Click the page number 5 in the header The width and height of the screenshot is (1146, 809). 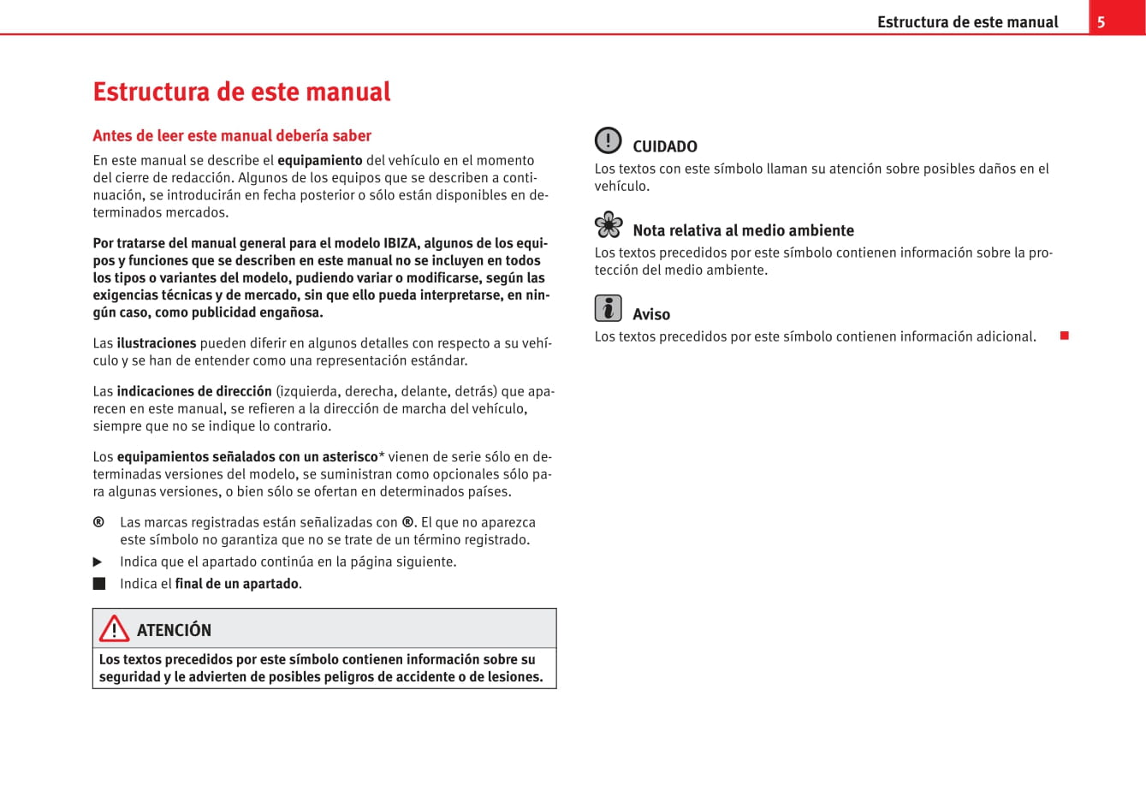(1101, 22)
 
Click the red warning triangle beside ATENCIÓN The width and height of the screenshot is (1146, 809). (114, 629)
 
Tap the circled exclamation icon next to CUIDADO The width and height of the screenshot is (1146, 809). (609, 140)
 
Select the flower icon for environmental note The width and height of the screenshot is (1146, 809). (609, 224)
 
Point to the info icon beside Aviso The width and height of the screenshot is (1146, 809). (609, 308)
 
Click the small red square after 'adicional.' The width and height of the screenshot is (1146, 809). (1065, 336)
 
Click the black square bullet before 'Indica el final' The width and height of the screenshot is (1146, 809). (99, 584)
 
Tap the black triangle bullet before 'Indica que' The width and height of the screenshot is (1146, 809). (98, 562)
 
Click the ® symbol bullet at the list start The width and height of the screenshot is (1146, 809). (99, 522)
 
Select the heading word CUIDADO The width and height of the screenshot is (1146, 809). (665, 146)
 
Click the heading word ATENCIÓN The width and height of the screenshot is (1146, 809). (174, 630)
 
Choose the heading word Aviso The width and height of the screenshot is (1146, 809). (651, 314)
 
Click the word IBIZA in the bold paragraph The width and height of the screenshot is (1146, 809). (401, 243)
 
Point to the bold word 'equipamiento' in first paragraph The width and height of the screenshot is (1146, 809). (320, 160)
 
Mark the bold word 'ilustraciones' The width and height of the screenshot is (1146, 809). (157, 343)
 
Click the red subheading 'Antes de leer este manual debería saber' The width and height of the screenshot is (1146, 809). (232, 135)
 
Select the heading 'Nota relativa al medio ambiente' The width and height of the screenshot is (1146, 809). (743, 230)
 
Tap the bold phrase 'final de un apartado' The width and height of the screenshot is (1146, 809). (237, 584)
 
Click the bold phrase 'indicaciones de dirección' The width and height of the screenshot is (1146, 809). (194, 391)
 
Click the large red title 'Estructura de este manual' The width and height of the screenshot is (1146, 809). (241, 92)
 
